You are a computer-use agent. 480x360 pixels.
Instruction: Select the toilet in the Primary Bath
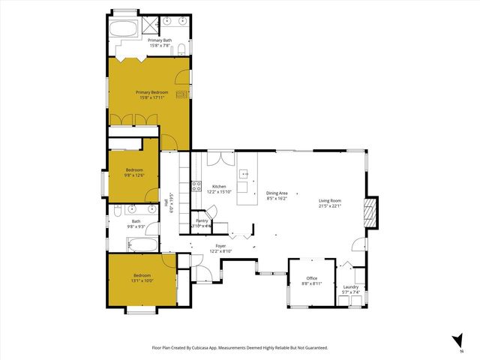coord(182,50)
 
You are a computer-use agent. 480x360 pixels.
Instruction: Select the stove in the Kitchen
coord(196,187)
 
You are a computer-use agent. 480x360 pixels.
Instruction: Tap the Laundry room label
coord(350,286)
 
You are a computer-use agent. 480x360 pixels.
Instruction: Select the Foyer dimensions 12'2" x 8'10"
coord(220,250)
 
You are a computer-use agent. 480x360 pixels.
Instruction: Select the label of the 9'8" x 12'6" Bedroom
coord(133,170)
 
